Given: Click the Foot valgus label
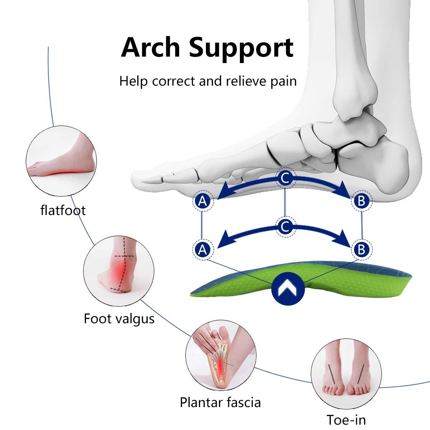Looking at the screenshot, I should [119, 318].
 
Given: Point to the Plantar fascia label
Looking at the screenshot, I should [220, 402].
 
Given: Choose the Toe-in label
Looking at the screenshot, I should [346, 420].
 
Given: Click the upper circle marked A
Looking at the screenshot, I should [203, 202].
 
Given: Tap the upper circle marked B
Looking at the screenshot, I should [361, 202].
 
